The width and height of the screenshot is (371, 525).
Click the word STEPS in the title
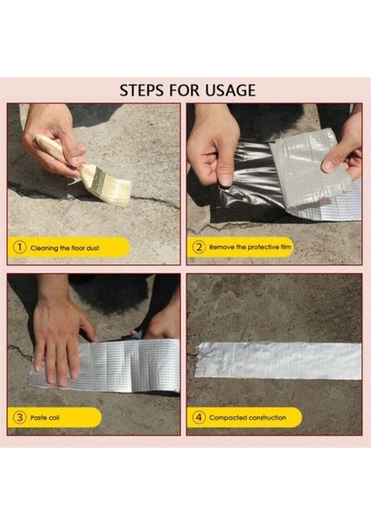(x=142, y=90)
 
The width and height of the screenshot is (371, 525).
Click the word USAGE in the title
(x=230, y=90)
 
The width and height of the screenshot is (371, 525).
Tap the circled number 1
(x=19, y=248)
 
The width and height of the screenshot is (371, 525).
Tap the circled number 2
(x=199, y=248)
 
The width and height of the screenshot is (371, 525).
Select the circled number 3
(x=19, y=417)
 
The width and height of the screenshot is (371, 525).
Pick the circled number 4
(x=199, y=417)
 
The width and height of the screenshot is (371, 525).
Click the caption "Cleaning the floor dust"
(x=65, y=248)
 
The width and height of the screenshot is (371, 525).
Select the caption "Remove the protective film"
(x=250, y=248)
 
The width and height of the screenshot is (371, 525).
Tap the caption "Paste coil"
(x=45, y=418)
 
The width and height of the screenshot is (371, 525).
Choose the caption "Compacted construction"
(x=248, y=418)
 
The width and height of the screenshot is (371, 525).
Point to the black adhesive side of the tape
(x=249, y=181)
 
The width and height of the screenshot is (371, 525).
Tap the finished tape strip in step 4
(x=278, y=360)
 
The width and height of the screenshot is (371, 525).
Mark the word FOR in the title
(x=185, y=90)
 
